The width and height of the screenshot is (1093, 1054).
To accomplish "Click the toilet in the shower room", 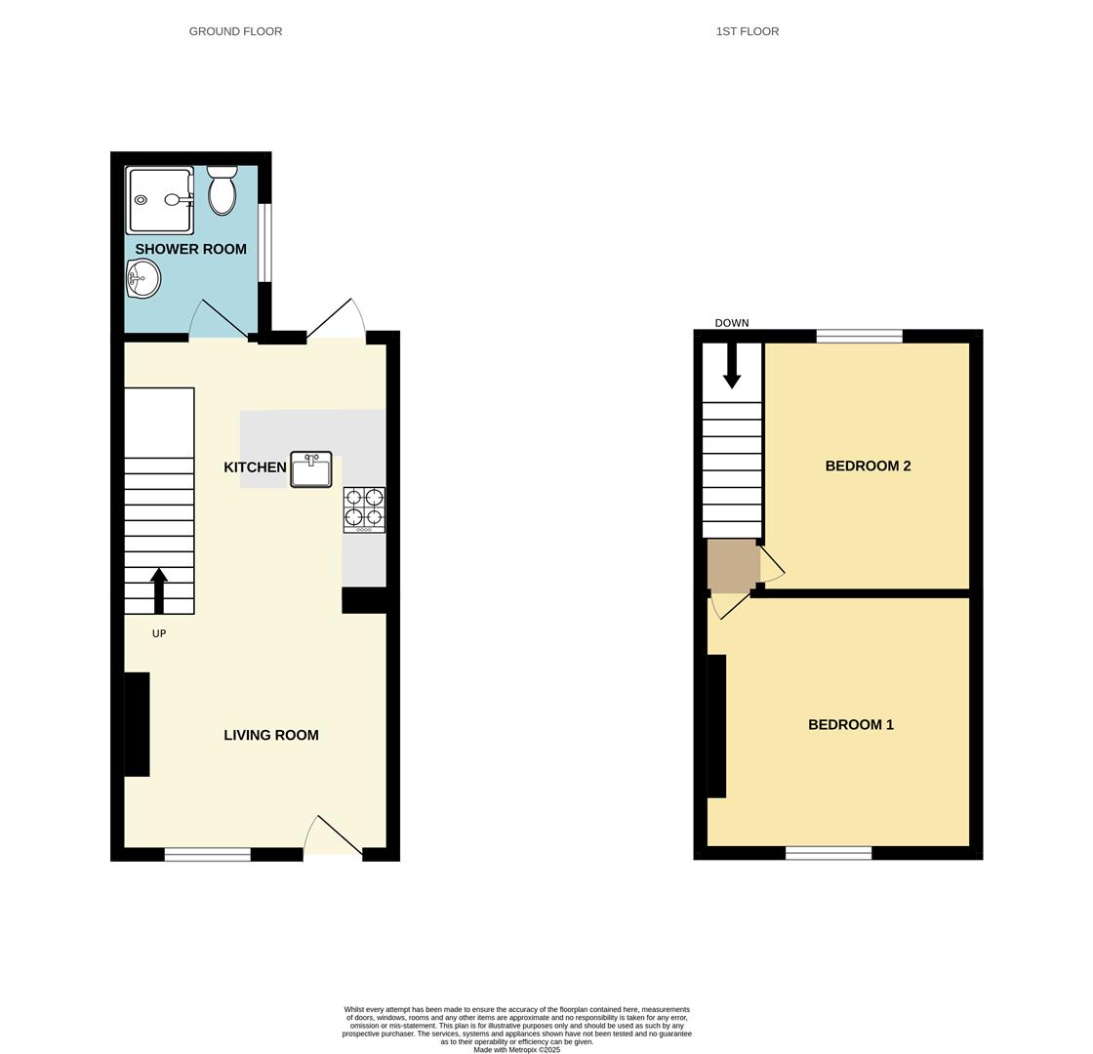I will pyautogui.click(x=223, y=191).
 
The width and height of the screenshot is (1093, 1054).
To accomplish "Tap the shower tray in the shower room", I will pyautogui.click(x=159, y=200).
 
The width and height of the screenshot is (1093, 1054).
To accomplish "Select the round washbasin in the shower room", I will pyautogui.click(x=142, y=279).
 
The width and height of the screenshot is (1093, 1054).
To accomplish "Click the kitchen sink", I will pyautogui.click(x=311, y=469).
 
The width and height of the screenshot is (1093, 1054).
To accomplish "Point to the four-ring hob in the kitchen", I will pyautogui.click(x=364, y=509).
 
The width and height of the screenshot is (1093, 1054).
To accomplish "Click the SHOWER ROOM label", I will pyautogui.click(x=190, y=249).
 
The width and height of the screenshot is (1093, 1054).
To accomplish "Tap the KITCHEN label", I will pyautogui.click(x=255, y=467).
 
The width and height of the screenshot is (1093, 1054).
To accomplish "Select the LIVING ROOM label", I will pyautogui.click(x=271, y=735).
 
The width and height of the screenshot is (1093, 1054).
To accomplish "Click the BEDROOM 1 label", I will pyautogui.click(x=851, y=724).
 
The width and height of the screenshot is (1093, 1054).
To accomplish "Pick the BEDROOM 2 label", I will pyautogui.click(x=868, y=466).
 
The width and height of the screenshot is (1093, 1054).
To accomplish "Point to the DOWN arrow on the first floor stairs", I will pyautogui.click(x=732, y=366).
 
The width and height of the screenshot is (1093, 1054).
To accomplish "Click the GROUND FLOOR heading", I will pyautogui.click(x=235, y=31).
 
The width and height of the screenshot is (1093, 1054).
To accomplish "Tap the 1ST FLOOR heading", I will pyautogui.click(x=748, y=31).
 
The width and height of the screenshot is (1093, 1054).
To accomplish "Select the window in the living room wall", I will pyautogui.click(x=208, y=855).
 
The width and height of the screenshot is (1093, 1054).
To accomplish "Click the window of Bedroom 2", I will pyautogui.click(x=859, y=337).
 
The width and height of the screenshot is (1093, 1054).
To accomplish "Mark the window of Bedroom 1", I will pyautogui.click(x=829, y=854).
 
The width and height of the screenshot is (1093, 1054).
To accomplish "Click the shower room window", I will pyautogui.click(x=264, y=242).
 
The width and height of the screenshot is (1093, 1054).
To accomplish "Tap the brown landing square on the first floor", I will pyautogui.click(x=732, y=565).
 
